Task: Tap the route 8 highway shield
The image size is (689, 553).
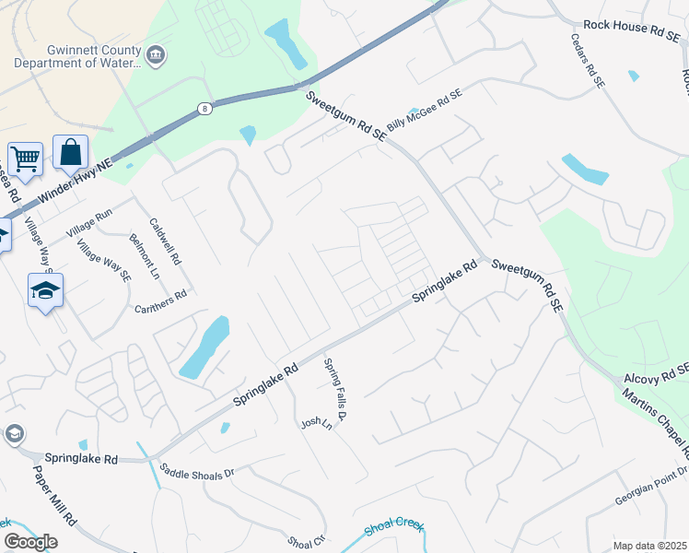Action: pyautogui.click(x=203, y=108)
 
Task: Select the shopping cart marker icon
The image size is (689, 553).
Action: pyautogui.click(x=25, y=159)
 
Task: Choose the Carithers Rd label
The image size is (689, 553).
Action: pyautogui.click(x=160, y=301)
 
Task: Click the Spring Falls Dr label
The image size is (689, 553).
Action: pyautogui.click(x=335, y=393)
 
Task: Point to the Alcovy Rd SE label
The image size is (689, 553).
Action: pyautogui.click(x=655, y=377)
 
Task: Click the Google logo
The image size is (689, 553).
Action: pyautogui.click(x=30, y=542)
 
